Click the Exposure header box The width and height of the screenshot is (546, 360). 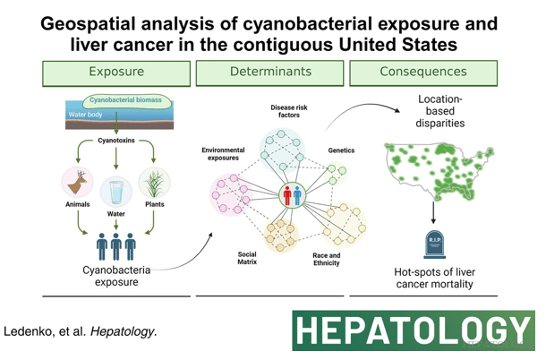pos(118,72)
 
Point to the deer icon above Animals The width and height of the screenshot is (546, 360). pos(76,183)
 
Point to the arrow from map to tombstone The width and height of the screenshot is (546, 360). pos(435,211)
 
